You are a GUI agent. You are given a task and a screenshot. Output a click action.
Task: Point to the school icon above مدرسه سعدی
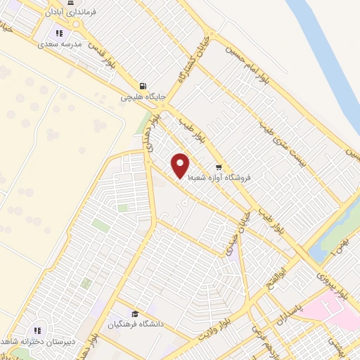click(x=60, y=33)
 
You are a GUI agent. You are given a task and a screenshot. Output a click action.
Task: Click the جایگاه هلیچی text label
click(x=142, y=97)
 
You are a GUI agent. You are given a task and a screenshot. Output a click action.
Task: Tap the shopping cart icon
click(x=219, y=168)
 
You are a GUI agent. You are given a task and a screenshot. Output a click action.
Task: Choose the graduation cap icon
click(x=134, y=314)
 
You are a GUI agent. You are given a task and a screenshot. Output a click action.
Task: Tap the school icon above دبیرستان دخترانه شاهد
click(x=38, y=330)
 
